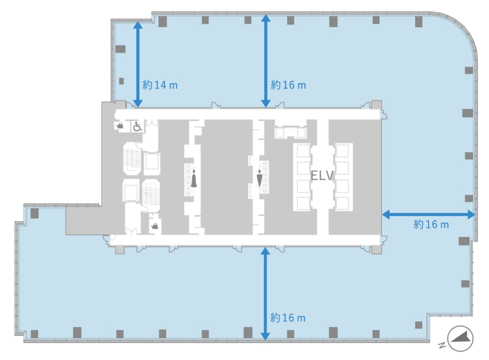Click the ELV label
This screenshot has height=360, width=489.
pyautogui.click(x=322, y=175)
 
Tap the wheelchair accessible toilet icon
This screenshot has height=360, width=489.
pyautogui.click(x=138, y=126)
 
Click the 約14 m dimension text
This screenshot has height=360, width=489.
pyautogui.click(x=160, y=85)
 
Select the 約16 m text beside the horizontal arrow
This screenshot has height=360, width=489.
pyautogui.click(x=431, y=224)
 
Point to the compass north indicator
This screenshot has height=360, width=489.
pyautogui.click(x=460, y=339)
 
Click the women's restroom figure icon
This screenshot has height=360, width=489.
pyautogui.click(x=194, y=179)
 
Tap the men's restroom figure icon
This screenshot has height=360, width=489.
pyautogui.click(x=259, y=179)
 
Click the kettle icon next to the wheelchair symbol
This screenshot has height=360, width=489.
pyautogui.click(x=120, y=126)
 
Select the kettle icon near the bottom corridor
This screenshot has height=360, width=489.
pyautogui.click(x=155, y=226)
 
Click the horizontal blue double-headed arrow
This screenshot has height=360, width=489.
pyautogui.click(x=429, y=214)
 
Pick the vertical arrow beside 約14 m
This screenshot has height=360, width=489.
pyautogui.click(x=138, y=64)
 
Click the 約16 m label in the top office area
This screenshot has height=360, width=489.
pyautogui.click(x=289, y=85)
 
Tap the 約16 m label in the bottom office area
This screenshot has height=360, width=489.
pyautogui.click(x=288, y=318)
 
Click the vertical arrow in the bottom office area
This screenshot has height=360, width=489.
pyautogui.click(x=265, y=294)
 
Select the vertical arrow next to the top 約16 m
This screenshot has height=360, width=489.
pyautogui.click(x=266, y=61)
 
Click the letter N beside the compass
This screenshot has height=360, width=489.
pyautogui.click(x=442, y=345)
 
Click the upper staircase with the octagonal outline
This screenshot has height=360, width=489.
pyautogui.click(x=132, y=159)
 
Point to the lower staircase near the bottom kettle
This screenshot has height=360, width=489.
pyautogui.click(x=151, y=196)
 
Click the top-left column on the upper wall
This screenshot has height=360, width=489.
pyautogui.click(x=163, y=22)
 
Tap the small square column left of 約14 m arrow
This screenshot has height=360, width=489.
pyautogui.click(x=121, y=81)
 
